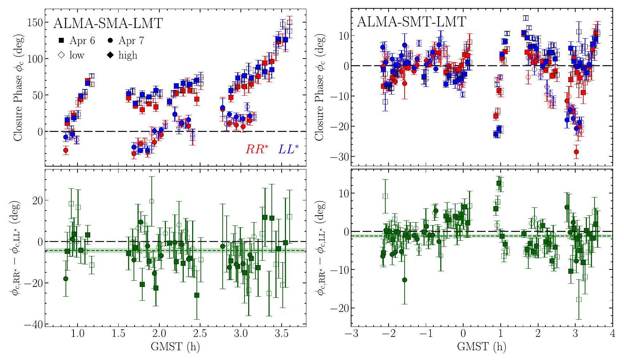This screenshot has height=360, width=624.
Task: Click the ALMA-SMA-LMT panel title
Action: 108,23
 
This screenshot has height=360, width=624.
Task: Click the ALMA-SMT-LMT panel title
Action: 412,22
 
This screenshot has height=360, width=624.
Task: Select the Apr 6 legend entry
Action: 77,40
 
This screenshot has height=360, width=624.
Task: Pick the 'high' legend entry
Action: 123,55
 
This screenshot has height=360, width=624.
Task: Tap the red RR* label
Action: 257,149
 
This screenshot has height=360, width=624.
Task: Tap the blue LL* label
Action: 288,149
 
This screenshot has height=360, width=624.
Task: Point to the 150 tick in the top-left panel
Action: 35,23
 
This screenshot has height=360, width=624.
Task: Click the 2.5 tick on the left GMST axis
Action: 200,334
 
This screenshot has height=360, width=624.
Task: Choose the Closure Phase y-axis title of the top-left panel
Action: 18,88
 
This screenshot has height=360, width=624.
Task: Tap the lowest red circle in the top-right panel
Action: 576,152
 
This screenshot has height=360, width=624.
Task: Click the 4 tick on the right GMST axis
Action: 612,334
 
